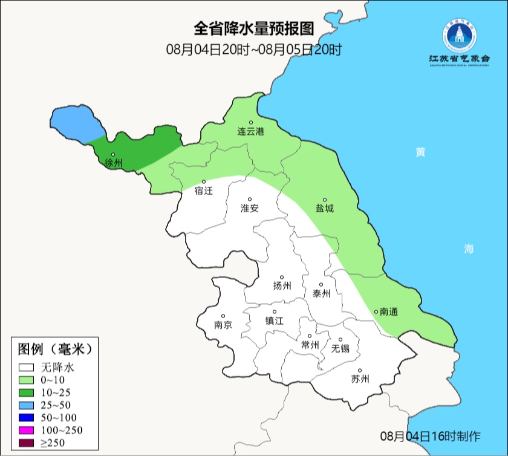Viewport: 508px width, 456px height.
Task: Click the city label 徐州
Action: click(x=114, y=163)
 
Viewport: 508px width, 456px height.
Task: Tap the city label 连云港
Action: click(x=250, y=131)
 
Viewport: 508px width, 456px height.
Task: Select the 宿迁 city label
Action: click(x=204, y=191)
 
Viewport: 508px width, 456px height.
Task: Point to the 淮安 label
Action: click(x=250, y=208)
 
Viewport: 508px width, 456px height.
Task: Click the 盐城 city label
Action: click(x=324, y=209)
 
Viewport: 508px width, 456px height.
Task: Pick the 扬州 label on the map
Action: click(x=282, y=286)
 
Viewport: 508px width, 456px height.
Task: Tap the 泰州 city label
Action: click(x=321, y=293)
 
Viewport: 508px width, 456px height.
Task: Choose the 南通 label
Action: click(x=389, y=312)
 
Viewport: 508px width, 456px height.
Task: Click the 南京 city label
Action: click(x=223, y=325)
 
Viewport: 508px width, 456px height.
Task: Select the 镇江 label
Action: click(x=275, y=321)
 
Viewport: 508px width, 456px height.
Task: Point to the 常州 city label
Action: click(x=310, y=345)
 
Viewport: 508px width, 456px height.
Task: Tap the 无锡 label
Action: click(x=340, y=348)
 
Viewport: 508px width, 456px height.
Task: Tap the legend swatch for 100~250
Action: click(x=27, y=431)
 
